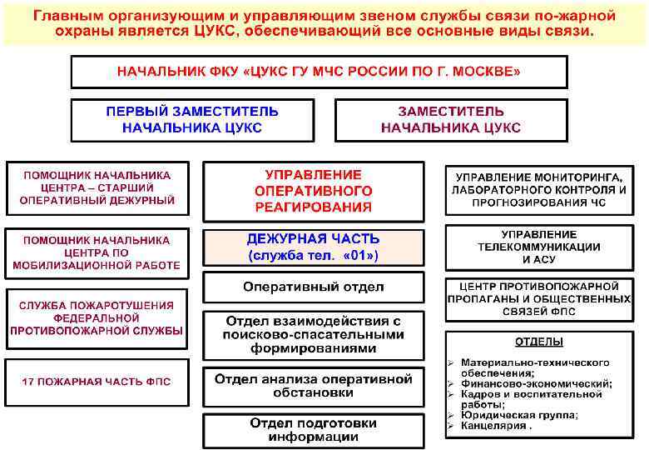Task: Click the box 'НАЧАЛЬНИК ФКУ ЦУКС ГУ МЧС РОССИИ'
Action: (x=319, y=72)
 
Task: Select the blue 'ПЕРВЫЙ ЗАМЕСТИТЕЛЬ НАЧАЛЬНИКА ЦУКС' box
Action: (x=191, y=120)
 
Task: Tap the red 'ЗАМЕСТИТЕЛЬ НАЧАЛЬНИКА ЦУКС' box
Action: (x=450, y=120)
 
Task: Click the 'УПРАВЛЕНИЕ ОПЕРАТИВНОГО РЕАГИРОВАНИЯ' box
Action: (x=313, y=191)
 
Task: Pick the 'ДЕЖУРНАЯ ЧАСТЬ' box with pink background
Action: (x=313, y=247)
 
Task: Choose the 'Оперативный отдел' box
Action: (x=313, y=287)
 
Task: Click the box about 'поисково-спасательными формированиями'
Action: (x=313, y=334)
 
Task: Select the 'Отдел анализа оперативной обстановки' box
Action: (x=313, y=386)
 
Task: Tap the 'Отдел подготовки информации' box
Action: (x=313, y=430)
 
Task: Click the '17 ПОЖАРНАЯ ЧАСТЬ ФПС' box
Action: (x=97, y=382)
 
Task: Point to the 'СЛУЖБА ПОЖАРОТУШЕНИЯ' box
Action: (x=97, y=318)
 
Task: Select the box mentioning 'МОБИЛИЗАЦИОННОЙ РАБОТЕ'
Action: (x=97, y=252)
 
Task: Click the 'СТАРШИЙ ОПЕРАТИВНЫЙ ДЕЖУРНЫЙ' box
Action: (x=97, y=188)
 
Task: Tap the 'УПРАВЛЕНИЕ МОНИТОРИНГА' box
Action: (x=538, y=189)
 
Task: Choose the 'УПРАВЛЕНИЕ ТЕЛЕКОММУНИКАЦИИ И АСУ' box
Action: (x=538, y=247)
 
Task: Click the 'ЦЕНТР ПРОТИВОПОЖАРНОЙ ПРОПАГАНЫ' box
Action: (x=538, y=299)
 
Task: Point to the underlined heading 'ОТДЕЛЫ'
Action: (x=538, y=342)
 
